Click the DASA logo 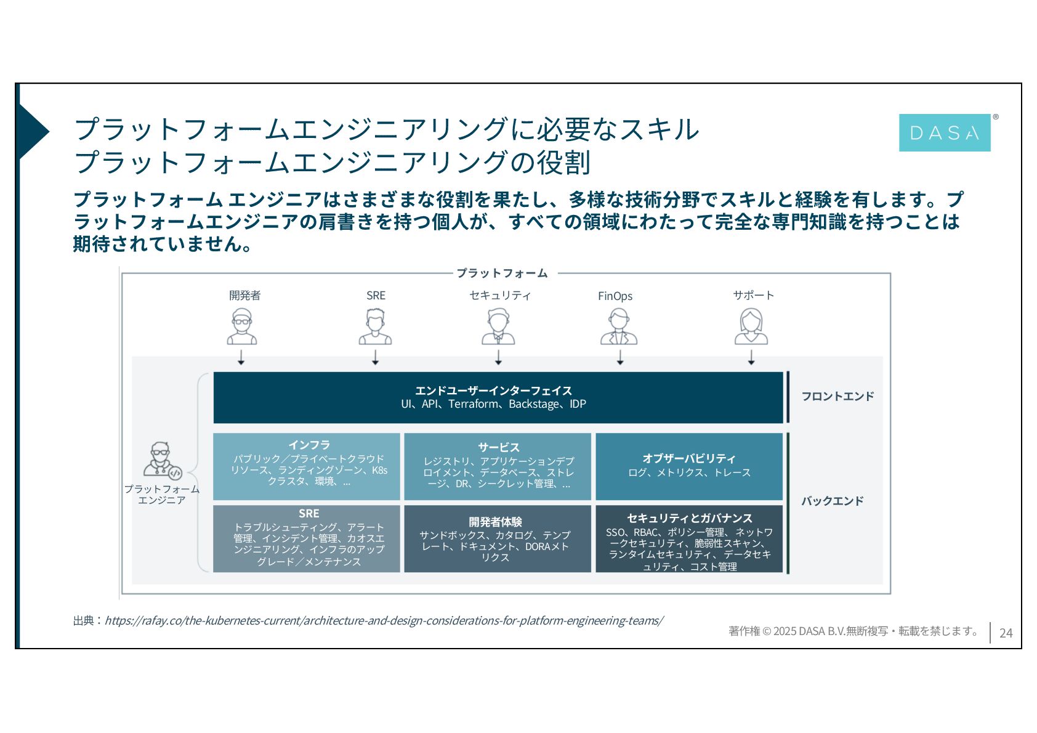944,132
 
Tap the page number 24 1006,633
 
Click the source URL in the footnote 384,620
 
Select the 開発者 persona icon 241,326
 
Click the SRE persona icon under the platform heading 375,326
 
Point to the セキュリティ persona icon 498,326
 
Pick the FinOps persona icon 619,326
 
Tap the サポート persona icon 751,326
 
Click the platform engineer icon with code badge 162,460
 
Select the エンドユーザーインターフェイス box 498,397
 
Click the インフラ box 307,466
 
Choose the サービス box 498,466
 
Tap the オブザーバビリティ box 688,466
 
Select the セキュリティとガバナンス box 688,539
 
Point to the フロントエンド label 837,396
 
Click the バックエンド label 832,501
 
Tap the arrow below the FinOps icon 620,357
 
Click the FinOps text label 615,296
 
